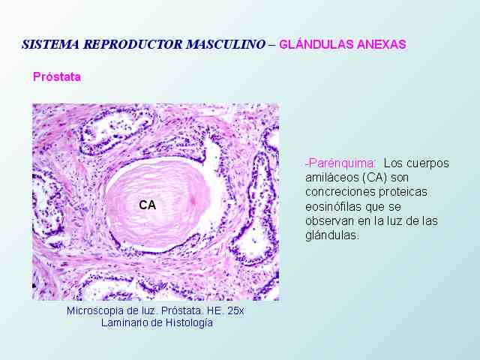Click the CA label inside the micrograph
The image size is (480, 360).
click(x=147, y=205)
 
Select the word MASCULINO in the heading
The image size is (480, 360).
click(x=226, y=44)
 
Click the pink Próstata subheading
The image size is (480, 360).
click(x=57, y=76)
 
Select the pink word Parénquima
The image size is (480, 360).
click(x=341, y=163)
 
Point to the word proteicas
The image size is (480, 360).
click(x=403, y=192)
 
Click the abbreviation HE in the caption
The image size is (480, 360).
click(x=215, y=310)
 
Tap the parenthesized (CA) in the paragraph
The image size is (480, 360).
click(x=374, y=178)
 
